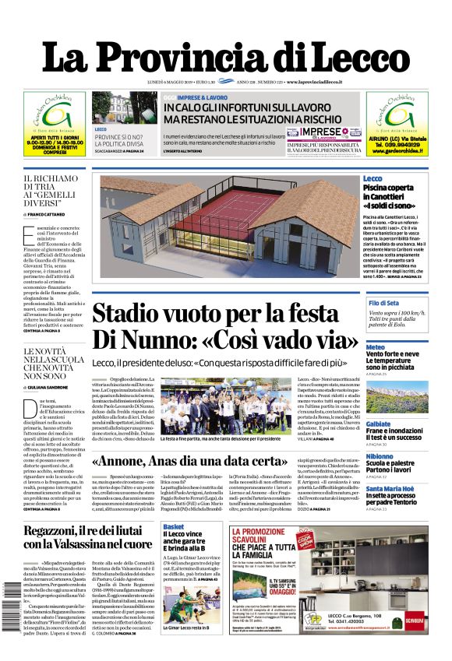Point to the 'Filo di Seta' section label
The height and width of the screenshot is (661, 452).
384,303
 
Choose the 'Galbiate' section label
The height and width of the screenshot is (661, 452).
379,402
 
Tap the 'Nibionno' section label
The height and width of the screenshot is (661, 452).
380,456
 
